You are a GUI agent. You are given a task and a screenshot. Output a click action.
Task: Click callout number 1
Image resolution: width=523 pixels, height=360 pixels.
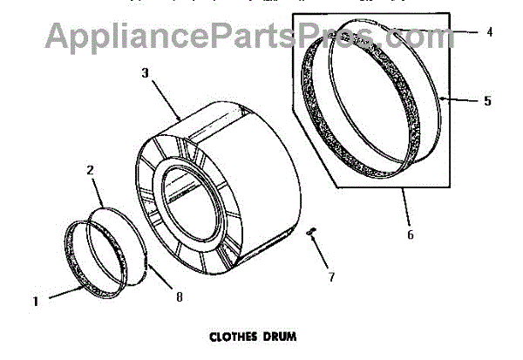pyautogui.click(x=36, y=302)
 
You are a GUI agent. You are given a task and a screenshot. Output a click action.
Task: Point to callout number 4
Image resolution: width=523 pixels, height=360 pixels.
pyautogui.click(x=489, y=32)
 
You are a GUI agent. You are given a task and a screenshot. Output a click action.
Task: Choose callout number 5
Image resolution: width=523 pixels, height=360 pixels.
pyautogui.click(x=487, y=101)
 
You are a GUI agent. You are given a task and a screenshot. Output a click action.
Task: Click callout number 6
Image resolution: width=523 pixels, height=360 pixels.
pyautogui.click(x=411, y=234)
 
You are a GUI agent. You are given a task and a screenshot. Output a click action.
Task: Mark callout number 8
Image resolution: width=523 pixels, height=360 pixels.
pyautogui.click(x=178, y=296)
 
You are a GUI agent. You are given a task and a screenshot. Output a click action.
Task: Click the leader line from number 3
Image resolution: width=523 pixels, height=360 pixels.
pyautogui.click(x=164, y=97)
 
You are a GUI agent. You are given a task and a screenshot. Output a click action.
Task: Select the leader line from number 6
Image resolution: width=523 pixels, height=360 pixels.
pyautogui.click(x=407, y=208)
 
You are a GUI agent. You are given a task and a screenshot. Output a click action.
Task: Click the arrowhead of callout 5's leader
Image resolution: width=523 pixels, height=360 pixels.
pyautogui.click(x=444, y=99)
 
